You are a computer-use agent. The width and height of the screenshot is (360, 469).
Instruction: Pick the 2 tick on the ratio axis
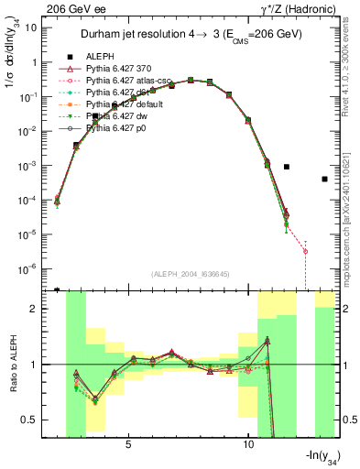click(x=38, y=309)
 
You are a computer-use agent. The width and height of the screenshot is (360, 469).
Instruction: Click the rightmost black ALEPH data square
click(x=325, y=179)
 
